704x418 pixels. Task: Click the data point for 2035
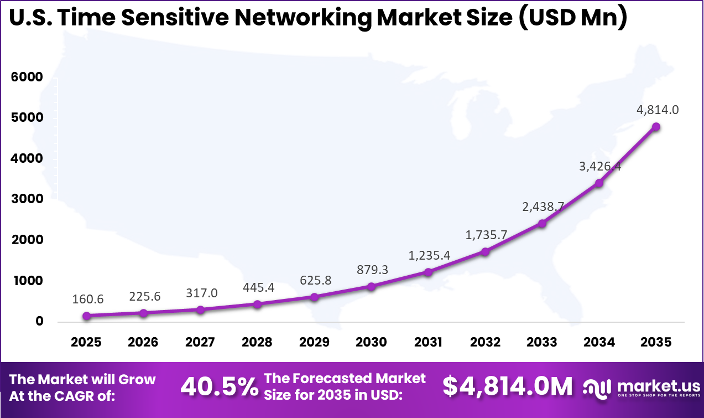[x=656, y=127]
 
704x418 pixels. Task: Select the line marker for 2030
[x=371, y=287]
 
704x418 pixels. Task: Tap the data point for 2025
[x=86, y=316]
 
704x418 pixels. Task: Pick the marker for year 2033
[x=542, y=224]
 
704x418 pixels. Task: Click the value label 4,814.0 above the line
[x=658, y=110]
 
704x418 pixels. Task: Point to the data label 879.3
[x=371, y=269]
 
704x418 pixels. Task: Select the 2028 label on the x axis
[x=257, y=342]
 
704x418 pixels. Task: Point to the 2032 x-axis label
[x=485, y=342]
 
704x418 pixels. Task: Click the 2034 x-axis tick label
[x=599, y=342]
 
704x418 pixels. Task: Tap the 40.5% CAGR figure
[x=220, y=388]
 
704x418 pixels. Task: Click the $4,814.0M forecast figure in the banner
[x=508, y=388]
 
